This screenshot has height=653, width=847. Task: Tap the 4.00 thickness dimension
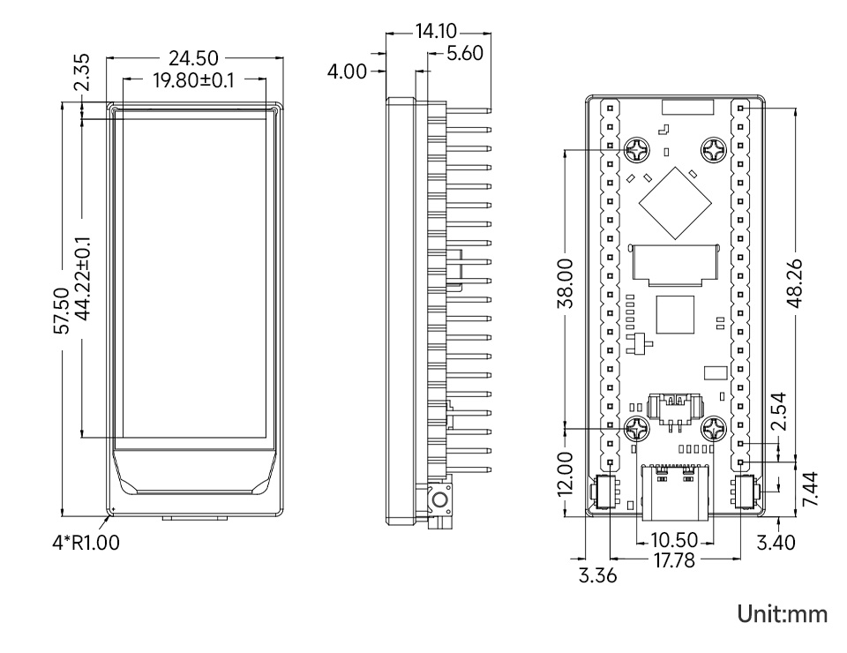coord(348,71)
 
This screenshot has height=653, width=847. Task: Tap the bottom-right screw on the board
coord(713,431)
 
